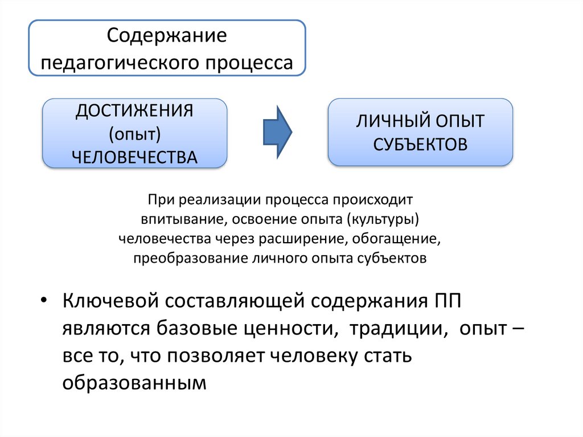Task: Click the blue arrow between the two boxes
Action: tap(277, 132)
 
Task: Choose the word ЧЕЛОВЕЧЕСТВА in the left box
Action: tap(134, 156)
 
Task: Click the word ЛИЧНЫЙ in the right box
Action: tap(387, 121)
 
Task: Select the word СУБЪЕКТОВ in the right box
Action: tap(420, 144)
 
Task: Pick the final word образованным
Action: tap(133, 383)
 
